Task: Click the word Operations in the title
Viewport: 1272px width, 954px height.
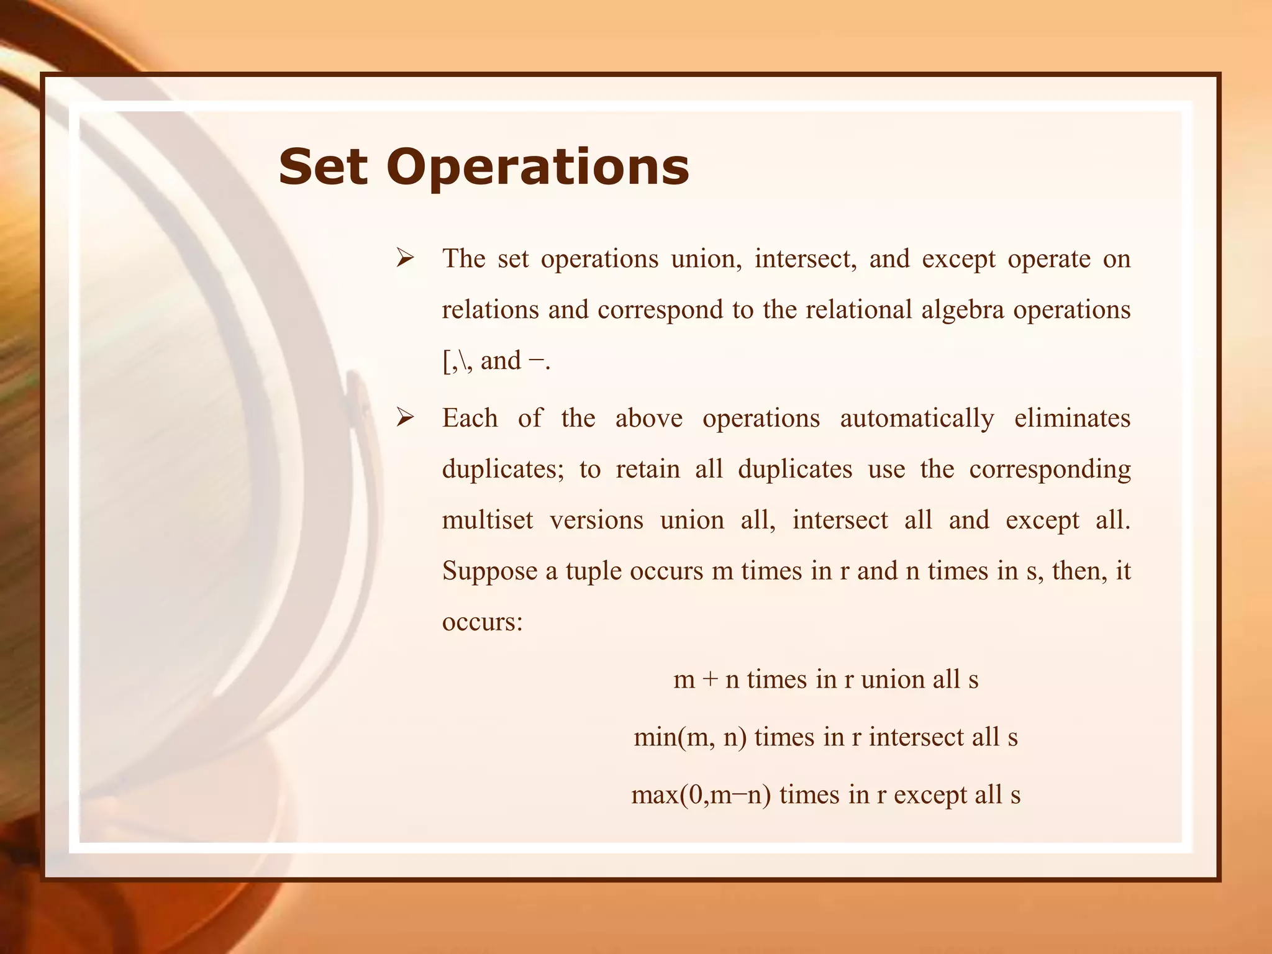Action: pyautogui.click(x=538, y=168)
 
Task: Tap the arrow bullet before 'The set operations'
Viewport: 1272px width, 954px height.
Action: pyautogui.click(x=406, y=258)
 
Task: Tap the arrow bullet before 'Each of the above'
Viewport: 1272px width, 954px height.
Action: pyautogui.click(x=406, y=417)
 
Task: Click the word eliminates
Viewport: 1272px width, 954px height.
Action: pyautogui.click(x=1072, y=418)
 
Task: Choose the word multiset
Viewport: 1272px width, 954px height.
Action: pyautogui.click(x=488, y=520)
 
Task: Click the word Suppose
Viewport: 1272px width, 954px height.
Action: pyautogui.click(x=489, y=571)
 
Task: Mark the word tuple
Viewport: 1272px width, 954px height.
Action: pyautogui.click(x=593, y=571)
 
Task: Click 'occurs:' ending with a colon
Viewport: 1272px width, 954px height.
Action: pyautogui.click(x=483, y=621)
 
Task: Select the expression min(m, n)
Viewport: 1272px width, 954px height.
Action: pyautogui.click(x=690, y=737)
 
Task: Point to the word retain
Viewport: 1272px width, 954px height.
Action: pyautogui.click(x=648, y=469)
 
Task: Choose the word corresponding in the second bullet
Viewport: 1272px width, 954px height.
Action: pyautogui.click(x=1050, y=470)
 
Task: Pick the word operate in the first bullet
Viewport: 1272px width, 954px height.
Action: pyautogui.click(x=1049, y=258)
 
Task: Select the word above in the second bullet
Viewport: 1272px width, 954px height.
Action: pyautogui.click(x=648, y=418)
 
